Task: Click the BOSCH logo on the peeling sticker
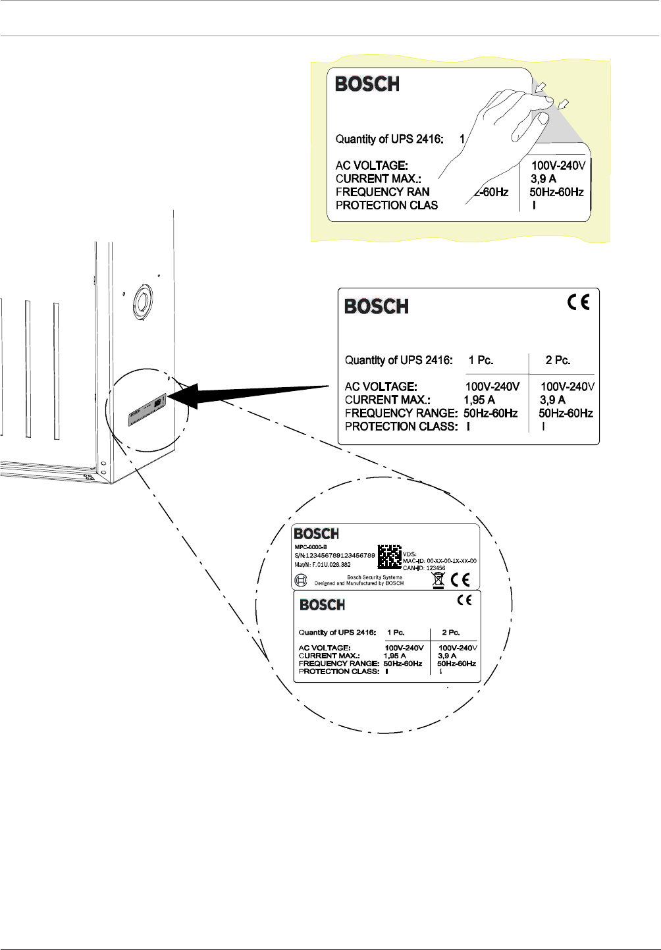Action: pyautogui.click(x=367, y=84)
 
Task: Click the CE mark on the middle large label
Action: pyautogui.click(x=579, y=302)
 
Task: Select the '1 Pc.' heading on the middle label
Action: pyautogui.click(x=481, y=360)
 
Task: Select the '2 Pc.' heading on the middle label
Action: pyautogui.click(x=558, y=360)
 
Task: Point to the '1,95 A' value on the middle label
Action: pyautogui.click(x=479, y=400)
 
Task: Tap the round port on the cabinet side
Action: pyautogui.click(x=142, y=302)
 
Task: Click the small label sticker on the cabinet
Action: pyautogui.click(x=146, y=411)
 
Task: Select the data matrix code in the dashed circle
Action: pyautogui.click(x=389, y=556)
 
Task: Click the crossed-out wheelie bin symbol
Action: pyautogui.click(x=438, y=579)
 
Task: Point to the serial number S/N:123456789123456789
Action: pyautogui.click(x=334, y=556)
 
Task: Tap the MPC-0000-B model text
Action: pyautogui.click(x=311, y=547)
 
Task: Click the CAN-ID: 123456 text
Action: pyautogui.click(x=424, y=568)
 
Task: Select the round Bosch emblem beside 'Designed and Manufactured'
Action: pyautogui.click(x=301, y=580)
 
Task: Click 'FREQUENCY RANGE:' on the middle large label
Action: pyautogui.click(x=401, y=413)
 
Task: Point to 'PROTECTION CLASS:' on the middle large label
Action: pyautogui.click(x=401, y=426)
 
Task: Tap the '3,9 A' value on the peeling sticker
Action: pyautogui.click(x=543, y=178)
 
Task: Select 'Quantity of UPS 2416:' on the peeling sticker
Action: pyautogui.click(x=389, y=139)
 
